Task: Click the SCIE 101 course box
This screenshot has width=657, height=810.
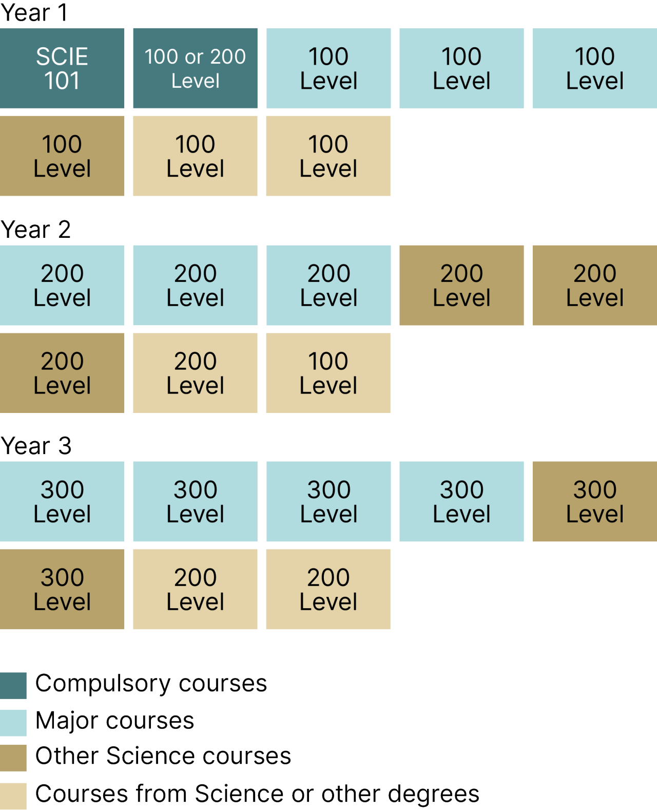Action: tap(62, 68)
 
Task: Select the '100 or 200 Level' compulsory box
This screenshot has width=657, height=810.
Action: tap(195, 68)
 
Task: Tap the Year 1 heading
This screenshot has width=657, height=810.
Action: tap(34, 12)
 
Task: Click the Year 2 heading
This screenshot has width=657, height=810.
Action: tap(35, 229)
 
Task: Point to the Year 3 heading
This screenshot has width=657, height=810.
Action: tap(36, 445)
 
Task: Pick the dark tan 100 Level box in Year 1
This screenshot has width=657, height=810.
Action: tap(62, 156)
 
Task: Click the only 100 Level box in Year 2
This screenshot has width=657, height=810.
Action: tap(328, 373)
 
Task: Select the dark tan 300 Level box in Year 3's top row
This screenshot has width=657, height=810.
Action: tap(594, 501)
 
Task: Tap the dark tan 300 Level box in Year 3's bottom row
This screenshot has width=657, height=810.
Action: tap(62, 589)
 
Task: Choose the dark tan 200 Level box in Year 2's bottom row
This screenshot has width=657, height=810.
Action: tap(62, 373)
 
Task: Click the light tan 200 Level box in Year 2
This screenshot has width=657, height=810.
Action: tap(195, 373)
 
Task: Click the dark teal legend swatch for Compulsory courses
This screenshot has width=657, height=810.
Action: tap(13, 685)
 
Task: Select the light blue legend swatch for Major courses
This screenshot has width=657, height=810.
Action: tap(13, 723)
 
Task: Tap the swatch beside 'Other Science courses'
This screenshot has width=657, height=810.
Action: tap(13, 758)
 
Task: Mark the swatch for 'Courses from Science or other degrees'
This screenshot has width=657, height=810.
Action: tap(13, 796)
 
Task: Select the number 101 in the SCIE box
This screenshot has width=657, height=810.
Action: tap(62, 81)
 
